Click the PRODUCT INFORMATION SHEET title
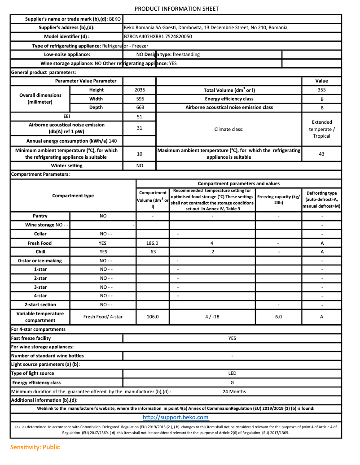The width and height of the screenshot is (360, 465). tap(176, 9)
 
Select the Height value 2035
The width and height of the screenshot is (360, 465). tap(140, 90)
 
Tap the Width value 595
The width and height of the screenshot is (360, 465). tap(140, 99)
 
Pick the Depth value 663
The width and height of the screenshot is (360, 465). tap(140, 108)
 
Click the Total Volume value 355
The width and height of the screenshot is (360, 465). tap(321, 90)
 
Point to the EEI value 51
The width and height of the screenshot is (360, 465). tap(140, 117)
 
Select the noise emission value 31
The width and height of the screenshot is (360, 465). tap(140, 128)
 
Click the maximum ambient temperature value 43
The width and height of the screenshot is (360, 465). tap(321, 154)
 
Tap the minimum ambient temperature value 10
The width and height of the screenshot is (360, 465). tap(140, 154)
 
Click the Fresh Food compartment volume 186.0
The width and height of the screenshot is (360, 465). tap(153, 243)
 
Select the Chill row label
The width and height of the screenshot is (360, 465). tap(40, 252)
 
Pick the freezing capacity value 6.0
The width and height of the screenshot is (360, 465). tap(278, 317)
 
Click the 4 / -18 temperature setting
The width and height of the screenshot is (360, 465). tap(212, 317)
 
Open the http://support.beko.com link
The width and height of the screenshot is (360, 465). tap(176, 417)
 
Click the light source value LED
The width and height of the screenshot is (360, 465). tap(232, 373)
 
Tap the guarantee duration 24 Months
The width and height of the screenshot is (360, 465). tap(234, 391)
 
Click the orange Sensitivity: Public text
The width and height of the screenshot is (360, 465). tap(35, 447)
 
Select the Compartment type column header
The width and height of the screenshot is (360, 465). tap(73, 196)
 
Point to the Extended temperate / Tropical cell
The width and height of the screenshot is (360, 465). tap(321, 129)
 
